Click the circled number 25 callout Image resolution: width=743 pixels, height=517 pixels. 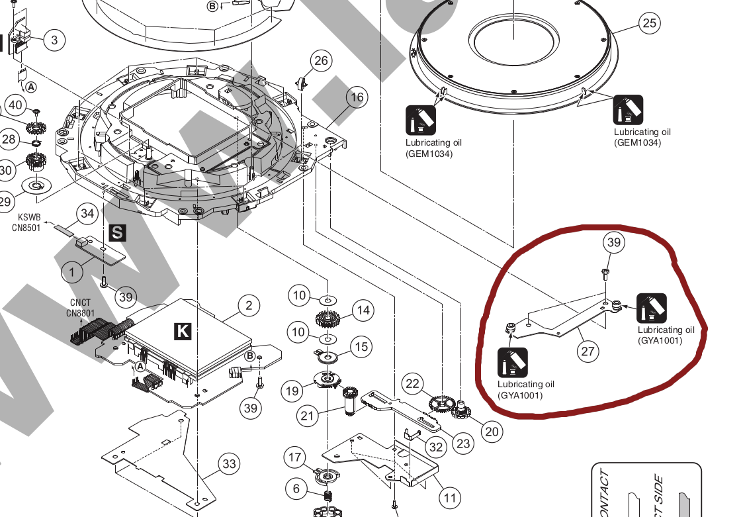pyautogui.click(x=650, y=24)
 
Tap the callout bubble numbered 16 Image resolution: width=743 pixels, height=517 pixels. pyautogui.click(x=357, y=98)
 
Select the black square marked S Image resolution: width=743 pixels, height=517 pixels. pyautogui.click(x=116, y=232)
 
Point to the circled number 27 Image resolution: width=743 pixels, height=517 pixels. pyautogui.click(x=588, y=352)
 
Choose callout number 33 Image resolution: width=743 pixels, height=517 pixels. pyautogui.click(x=229, y=464)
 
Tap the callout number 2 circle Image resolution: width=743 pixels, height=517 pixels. pyautogui.click(x=249, y=305)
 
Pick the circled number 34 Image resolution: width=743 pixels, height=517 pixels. pyautogui.click(x=87, y=213)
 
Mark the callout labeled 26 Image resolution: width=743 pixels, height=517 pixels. pyautogui.click(x=321, y=62)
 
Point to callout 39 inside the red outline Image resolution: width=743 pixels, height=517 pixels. pyautogui.click(x=614, y=243)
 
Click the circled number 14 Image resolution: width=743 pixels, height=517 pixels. pyautogui.click(x=362, y=310)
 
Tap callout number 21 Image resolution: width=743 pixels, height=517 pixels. pyautogui.click(x=306, y=416)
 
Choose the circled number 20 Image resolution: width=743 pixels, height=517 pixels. pyautogui.click(x=490, y=432)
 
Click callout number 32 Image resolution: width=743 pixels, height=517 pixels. pyautogui.click(x=435, y=447)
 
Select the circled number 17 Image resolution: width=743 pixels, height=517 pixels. pyautogui.click(x=295, y=457)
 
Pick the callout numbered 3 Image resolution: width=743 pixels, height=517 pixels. pyautogui.click(x=54, y=40)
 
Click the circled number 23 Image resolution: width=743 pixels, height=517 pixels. pyautogui.click(x=464, y=443)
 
